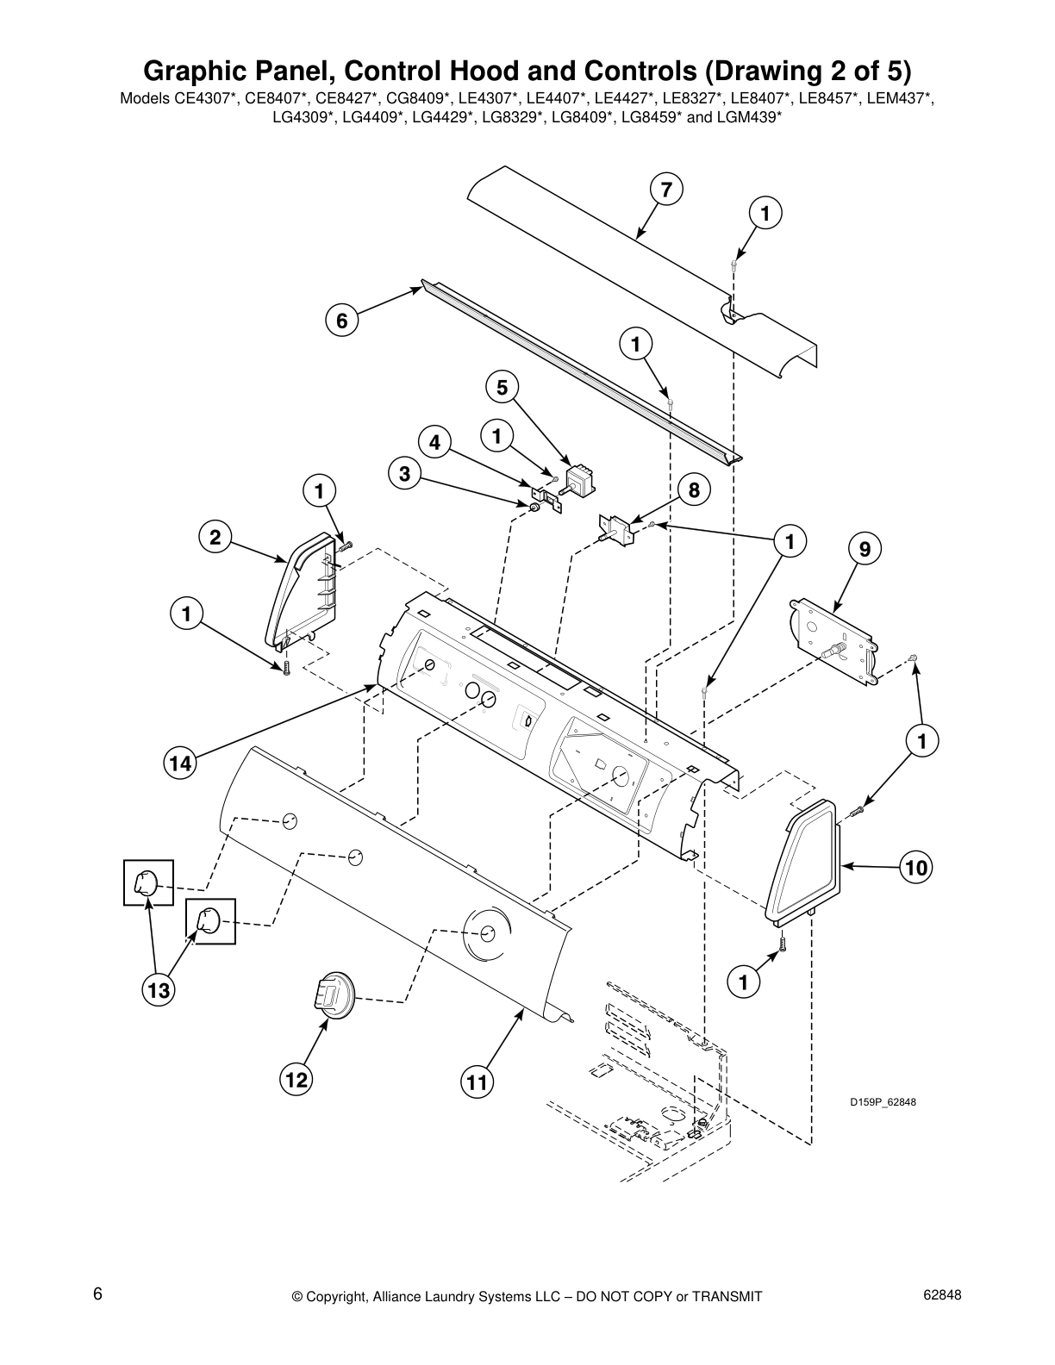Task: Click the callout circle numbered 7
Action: (666, 190)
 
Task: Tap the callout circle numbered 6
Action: (341, 321)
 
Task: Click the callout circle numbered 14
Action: (179, 763)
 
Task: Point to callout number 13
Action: (159, 991)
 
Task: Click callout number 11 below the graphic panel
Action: (476, 1081)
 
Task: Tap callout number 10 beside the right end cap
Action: (917, 868)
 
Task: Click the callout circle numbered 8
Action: (694, 490)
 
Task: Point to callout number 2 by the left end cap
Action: (215, 538)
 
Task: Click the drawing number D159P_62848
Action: (883, 1102)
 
